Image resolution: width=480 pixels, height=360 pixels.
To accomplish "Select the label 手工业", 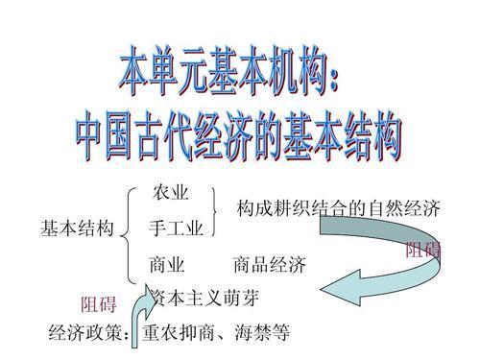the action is pos(176,229).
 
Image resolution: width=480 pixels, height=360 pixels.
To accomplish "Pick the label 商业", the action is pos(167,264).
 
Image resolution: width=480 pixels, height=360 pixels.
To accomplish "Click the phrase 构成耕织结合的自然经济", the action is pos(338,209).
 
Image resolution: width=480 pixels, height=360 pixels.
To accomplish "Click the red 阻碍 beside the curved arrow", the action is pos(422,252).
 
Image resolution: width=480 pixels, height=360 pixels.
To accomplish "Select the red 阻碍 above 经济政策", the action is pos(98,306).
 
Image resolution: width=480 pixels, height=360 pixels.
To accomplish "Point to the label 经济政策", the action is pos(83,334).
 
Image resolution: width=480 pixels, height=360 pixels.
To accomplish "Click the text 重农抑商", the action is pos(180,334).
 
